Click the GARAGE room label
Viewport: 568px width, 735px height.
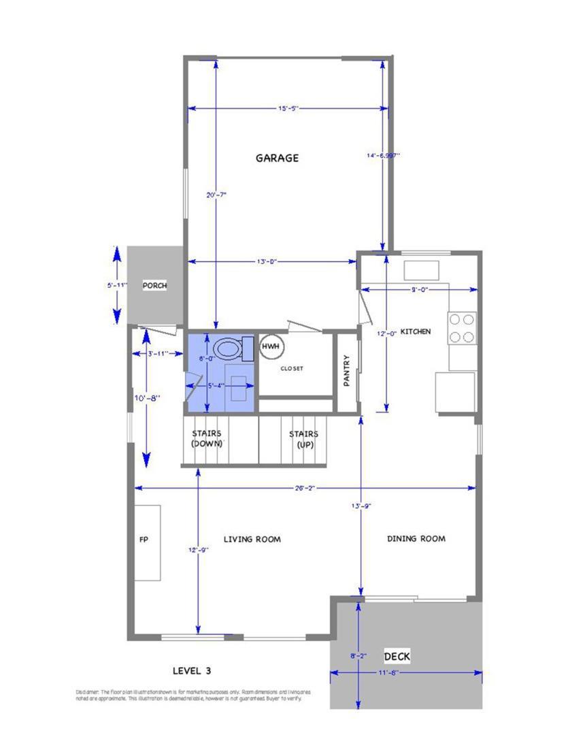point(277,158)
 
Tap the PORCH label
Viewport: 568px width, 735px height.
point(154,286)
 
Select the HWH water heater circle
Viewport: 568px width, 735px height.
point(271,347)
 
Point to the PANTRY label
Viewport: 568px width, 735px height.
point(346,371)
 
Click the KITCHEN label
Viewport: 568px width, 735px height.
point(415,331)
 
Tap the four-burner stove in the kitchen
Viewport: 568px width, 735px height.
point(462,327)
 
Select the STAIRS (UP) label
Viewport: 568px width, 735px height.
point(303,438)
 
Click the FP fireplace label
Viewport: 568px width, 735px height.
point(144,540)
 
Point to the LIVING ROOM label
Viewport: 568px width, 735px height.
point(252,540)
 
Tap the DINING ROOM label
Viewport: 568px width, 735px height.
point(416,539)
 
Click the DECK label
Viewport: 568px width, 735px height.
point(397,657)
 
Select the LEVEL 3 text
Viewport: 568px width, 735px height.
point(192,670)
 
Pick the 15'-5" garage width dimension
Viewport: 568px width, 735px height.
point(288,108)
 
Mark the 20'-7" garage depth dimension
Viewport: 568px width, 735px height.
point(216,195)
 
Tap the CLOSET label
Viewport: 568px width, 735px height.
point(292,369)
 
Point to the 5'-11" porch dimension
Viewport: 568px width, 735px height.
point(117,286)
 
